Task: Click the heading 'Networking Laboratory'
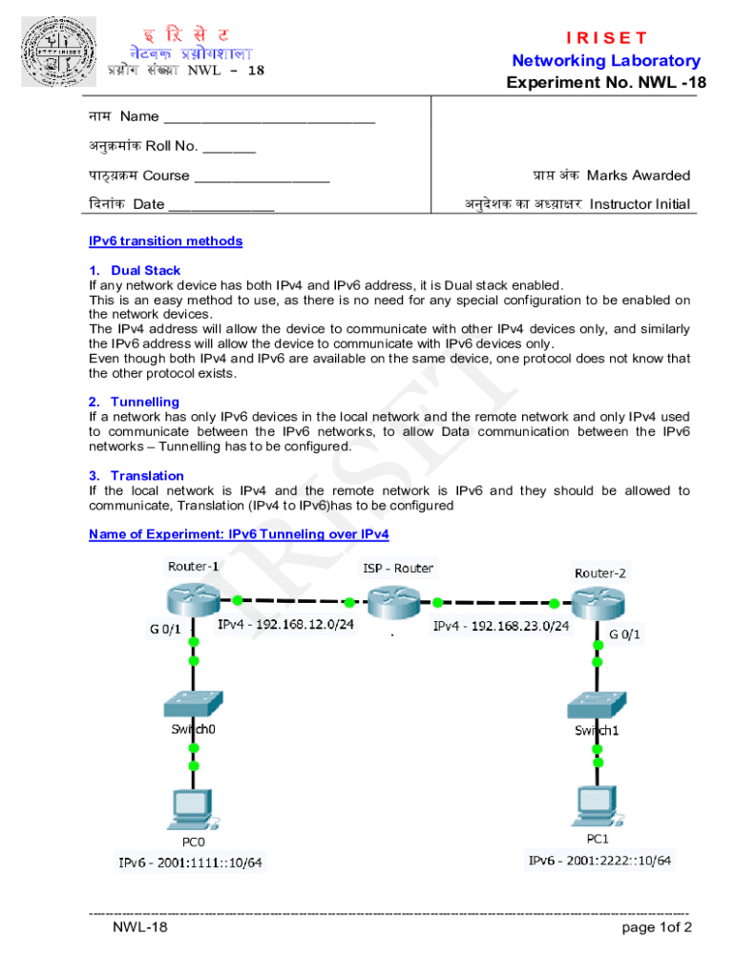[x=606, y=61]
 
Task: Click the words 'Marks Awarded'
[x=639, y=176]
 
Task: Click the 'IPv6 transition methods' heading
[x=165, y=241]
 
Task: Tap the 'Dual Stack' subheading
[x=145, y=270]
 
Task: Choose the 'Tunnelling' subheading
[x=144, y=402]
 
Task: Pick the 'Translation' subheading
[x=147, y=475]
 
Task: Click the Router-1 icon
[x=193, y=599]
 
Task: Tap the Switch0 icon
[x=194, y=704]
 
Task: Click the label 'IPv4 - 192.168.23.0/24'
[x=501, y=627]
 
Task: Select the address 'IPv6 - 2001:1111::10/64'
[x=190, y=863]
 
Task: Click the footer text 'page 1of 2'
[x=656, y=926]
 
